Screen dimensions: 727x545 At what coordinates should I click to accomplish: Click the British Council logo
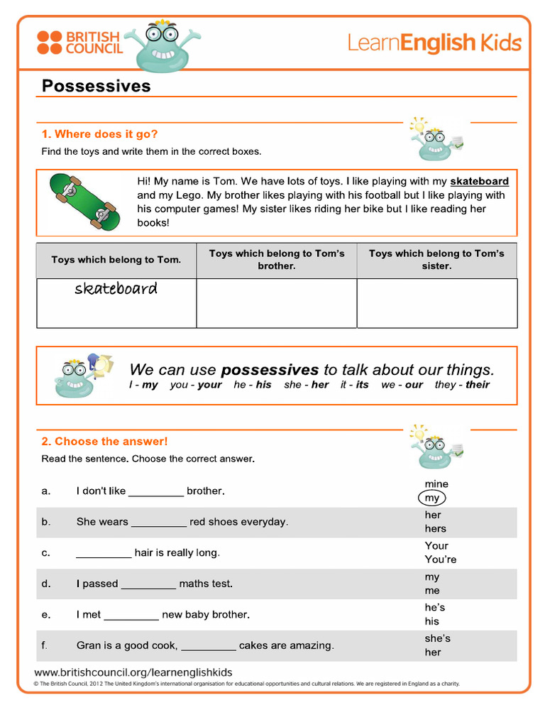click(x=79, y=43)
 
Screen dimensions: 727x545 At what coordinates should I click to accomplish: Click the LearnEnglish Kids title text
click(x=434, y=43)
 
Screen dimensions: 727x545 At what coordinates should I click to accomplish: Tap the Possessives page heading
click(x=97, y=86)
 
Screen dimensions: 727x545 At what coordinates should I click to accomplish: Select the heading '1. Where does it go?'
click(x=99, y=134)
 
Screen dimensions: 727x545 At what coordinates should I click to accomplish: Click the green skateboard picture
click(x=84, y=202)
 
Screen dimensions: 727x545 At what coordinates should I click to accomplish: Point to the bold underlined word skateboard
click(x=479, y=182)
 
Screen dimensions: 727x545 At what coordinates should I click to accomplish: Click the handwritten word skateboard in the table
click(x=116, y=289)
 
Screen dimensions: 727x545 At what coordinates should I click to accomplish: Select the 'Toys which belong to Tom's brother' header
click(x=277, y=260)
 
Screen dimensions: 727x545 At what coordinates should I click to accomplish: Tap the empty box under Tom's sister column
click(x=436, y=303)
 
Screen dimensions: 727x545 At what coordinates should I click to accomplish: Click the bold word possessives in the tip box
click(x=270, y=370)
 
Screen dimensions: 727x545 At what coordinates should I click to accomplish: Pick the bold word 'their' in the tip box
click(x=478, y=385)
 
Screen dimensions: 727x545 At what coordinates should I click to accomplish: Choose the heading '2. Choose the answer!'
click(x=104, y=442)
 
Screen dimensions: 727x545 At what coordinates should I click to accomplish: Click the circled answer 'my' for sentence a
click(x=432, y=498)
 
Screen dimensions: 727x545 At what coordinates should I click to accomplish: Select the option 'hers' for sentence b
click(x=436, y=528)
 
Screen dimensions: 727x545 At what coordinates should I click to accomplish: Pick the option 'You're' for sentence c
click(x=441, y=559)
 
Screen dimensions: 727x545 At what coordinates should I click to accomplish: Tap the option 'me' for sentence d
click(x=432, y=591)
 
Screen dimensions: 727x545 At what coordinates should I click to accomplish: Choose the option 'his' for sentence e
click(x=432, y=621)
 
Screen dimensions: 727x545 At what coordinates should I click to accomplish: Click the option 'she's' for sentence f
click(x=437, y=638)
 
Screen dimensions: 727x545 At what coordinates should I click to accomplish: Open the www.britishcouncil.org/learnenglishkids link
click(x=133, y=672)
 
